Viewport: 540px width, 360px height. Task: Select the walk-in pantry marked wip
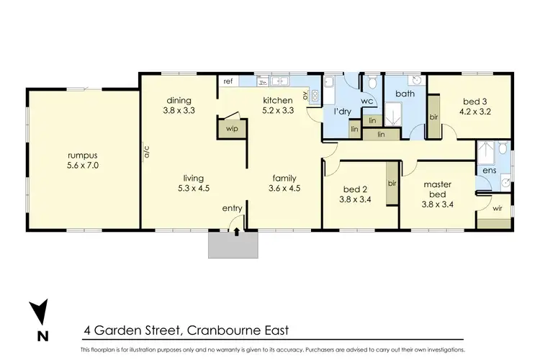click(232, 129)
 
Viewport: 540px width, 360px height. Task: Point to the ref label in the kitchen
click(228, 81)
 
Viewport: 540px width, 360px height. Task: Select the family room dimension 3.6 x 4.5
click(285, 188)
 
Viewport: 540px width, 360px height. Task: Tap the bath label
click(404, 94)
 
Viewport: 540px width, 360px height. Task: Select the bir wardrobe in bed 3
click(434, 116)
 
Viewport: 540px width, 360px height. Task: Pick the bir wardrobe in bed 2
click(392, 184)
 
